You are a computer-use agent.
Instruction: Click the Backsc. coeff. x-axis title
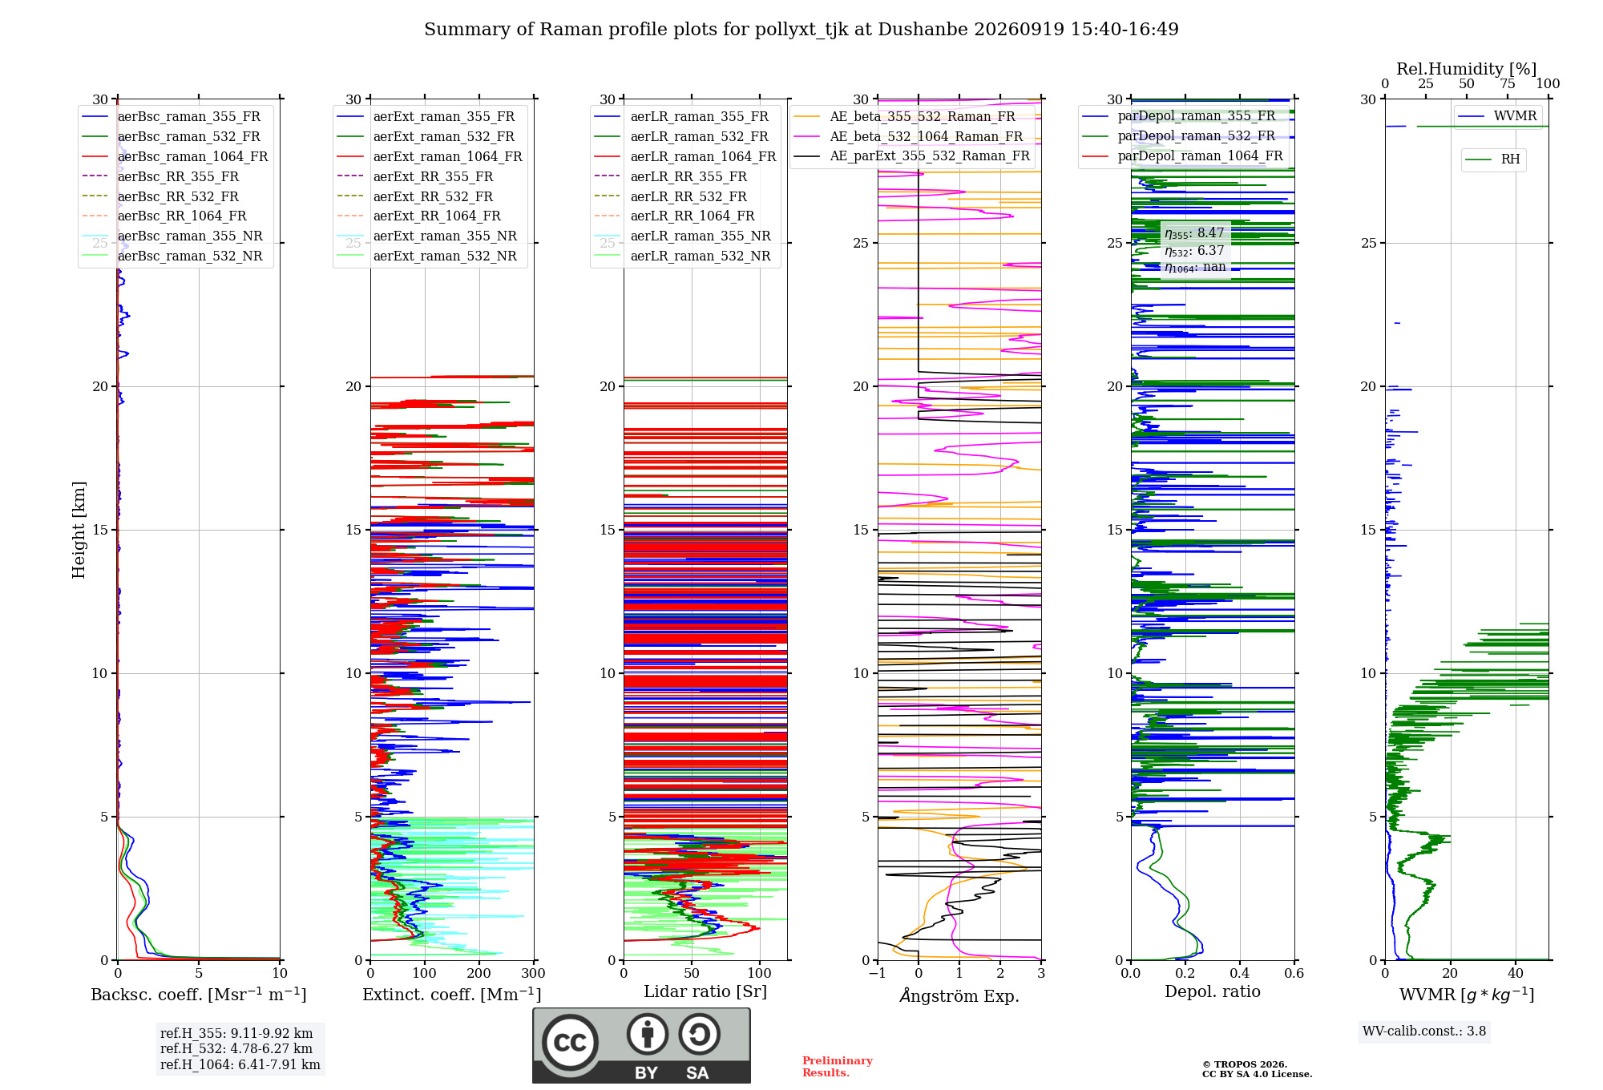(199, 995)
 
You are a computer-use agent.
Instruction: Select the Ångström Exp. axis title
(959, 995)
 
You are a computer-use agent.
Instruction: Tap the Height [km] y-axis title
(79, 530)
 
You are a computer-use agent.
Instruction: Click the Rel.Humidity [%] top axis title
(1467, 69)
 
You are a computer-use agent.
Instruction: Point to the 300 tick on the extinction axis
(533, 974)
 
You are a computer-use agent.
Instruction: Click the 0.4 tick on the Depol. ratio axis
(1240, 974)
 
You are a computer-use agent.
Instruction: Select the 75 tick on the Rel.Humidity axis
(1508, 84)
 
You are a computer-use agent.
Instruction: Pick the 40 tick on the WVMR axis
(1516, 974)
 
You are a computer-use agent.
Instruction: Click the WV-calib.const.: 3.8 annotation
(1424, 1031)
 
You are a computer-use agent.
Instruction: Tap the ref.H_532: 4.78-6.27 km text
(236, 1049)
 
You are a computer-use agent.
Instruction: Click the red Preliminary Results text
(838, 1067)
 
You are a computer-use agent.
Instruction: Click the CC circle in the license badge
(570, 1043)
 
